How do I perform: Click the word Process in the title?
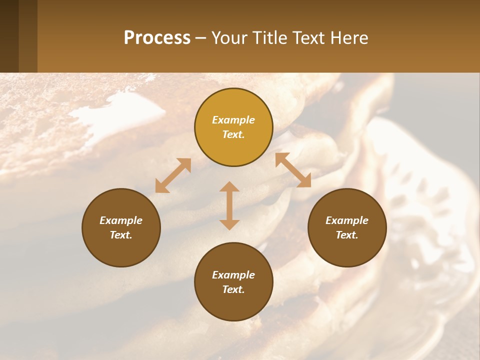tap(157, 38)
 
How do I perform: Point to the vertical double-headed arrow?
tap(229, 205)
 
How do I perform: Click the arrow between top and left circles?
tap(173, 175)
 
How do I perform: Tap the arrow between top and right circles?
tap(293, 170)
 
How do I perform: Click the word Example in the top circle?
tap(233, 120)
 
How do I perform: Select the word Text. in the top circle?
tap(233, 134)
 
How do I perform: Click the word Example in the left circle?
tap(121, 220)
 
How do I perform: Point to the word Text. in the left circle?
tap(121, 235)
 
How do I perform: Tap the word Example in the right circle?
tap(347, 220)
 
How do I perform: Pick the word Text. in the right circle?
tap(347, 235)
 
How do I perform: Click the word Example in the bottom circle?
tap(233, 275)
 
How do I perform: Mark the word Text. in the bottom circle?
tap(233, 289)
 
